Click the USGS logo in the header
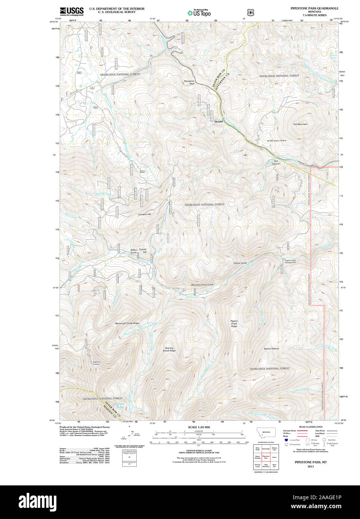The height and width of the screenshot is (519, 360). [72, 11]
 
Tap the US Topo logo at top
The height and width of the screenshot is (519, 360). [199, 13]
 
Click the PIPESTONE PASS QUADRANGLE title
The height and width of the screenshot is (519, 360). [314, 8]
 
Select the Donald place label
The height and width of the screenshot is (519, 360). [218, 121]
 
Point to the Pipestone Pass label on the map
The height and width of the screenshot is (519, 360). [189, 83]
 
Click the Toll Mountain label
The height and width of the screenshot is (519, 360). [300, 124]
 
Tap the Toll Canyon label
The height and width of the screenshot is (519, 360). [276, 162]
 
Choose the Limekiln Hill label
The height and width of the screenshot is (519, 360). [145, 214]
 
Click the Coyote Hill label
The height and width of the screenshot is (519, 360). [143, 251]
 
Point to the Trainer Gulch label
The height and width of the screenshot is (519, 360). [240, 263]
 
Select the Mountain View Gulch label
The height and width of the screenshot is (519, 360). [202, 285]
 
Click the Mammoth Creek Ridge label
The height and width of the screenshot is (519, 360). [127, 323]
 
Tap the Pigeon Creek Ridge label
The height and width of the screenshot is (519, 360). [234, 323]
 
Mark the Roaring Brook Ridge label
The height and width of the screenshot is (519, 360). [169, 349]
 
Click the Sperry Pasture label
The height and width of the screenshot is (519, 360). [271, 348]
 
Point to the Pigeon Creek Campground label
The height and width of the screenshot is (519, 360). [290, 261]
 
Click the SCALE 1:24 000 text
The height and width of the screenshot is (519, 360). [199, 427]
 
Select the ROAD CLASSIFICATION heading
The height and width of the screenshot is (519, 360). [311, 427]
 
